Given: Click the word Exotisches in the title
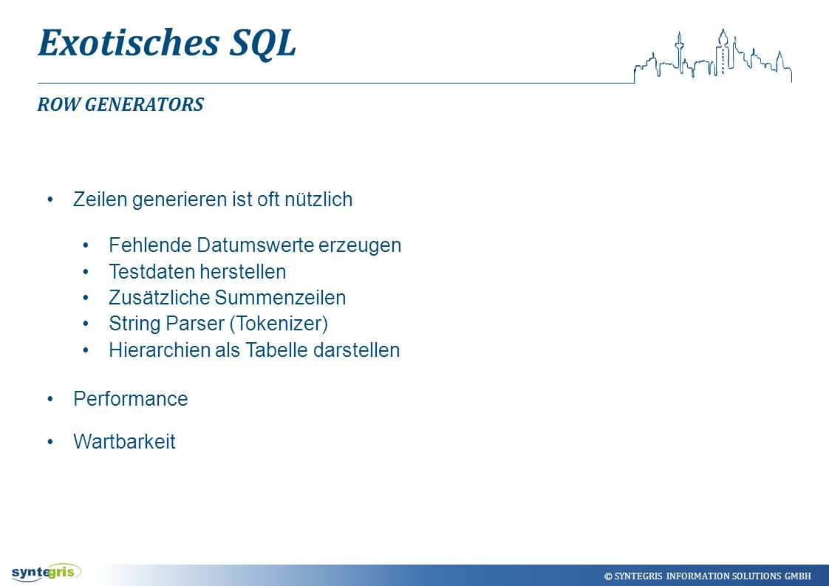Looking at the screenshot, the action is click(129, 42).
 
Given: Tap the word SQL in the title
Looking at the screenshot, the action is click(262, 44).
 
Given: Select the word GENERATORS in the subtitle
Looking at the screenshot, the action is click(144, 104).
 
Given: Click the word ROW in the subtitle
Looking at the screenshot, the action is click(58, 104).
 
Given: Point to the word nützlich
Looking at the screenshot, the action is click(318, 200).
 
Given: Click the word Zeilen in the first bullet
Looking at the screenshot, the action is click(100, 200).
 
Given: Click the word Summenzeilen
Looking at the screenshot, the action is click(280, 297).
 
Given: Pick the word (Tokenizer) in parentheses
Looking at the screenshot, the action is click(279, 323).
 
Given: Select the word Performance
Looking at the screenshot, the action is click(131, 399).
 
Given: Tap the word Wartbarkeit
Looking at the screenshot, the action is click(124, 442).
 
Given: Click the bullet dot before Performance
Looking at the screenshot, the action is click(50, 399).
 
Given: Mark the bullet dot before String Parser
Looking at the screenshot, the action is click(86, 324).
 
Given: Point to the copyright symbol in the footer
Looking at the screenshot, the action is click(608, 576).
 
